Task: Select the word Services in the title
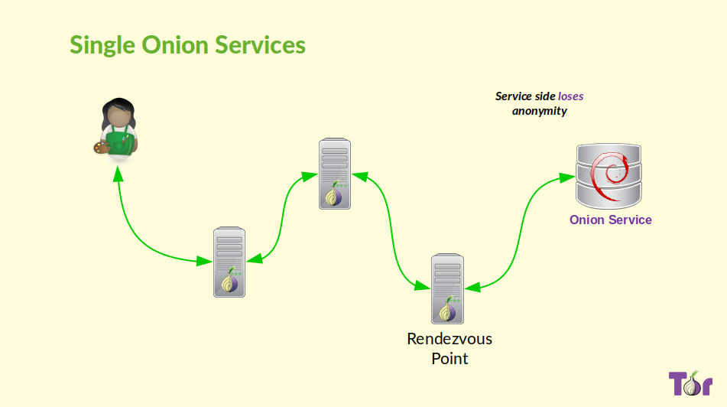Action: pos(260,44)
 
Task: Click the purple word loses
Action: pos(570,96)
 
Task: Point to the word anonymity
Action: pos(540,111)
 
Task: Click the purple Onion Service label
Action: pos(610,220)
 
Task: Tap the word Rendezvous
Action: pos(450,338)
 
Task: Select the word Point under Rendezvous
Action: pos(450,358)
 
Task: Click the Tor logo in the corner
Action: pos(690,383)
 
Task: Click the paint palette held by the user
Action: pos(99,145)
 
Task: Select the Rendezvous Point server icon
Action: pos(447,288)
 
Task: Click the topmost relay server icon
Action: pos(335,173)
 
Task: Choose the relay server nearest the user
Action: pos(229,261)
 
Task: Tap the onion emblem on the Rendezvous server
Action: pos(447,310)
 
